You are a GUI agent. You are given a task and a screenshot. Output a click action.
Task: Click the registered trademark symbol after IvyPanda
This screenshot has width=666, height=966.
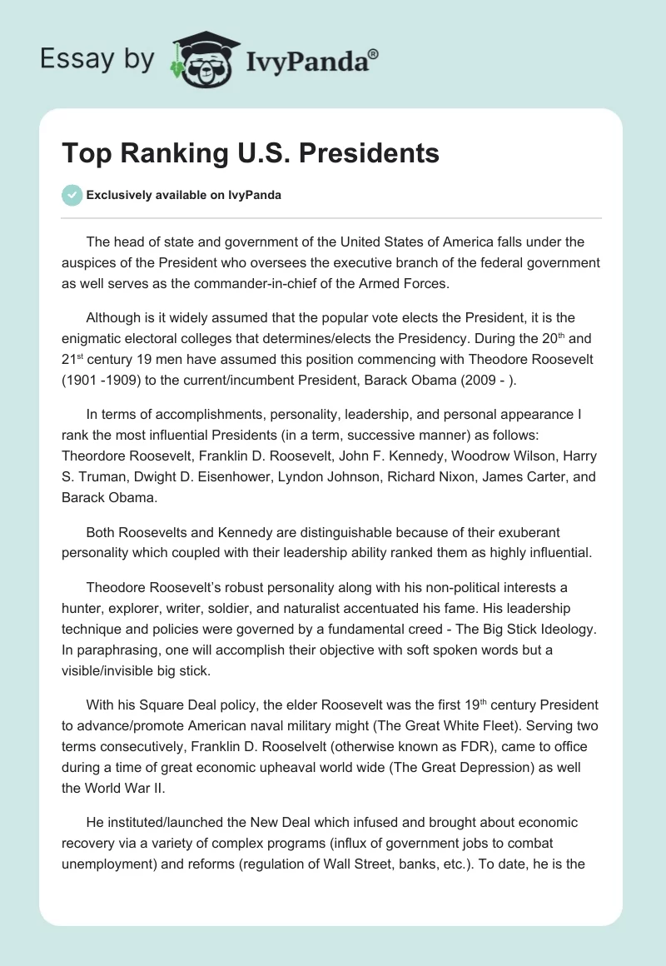point(374,55)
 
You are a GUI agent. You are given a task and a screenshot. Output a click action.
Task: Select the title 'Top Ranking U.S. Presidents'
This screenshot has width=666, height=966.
point(251,153)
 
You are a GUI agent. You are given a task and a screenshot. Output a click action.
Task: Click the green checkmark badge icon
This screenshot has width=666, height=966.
point(72,196)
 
